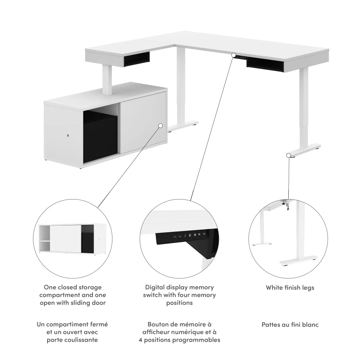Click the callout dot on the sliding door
pyautogui.click(x=161, y=126)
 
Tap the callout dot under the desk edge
pyautogui.click(x=234, y=55)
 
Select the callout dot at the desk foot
pyautogui.click(x=289, y=155)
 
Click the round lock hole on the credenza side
pyautogui.click(x=68, y=135)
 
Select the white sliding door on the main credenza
pyautogui.click(x=142, y=122)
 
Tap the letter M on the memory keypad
pyautogui.click(x=204, y=235)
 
